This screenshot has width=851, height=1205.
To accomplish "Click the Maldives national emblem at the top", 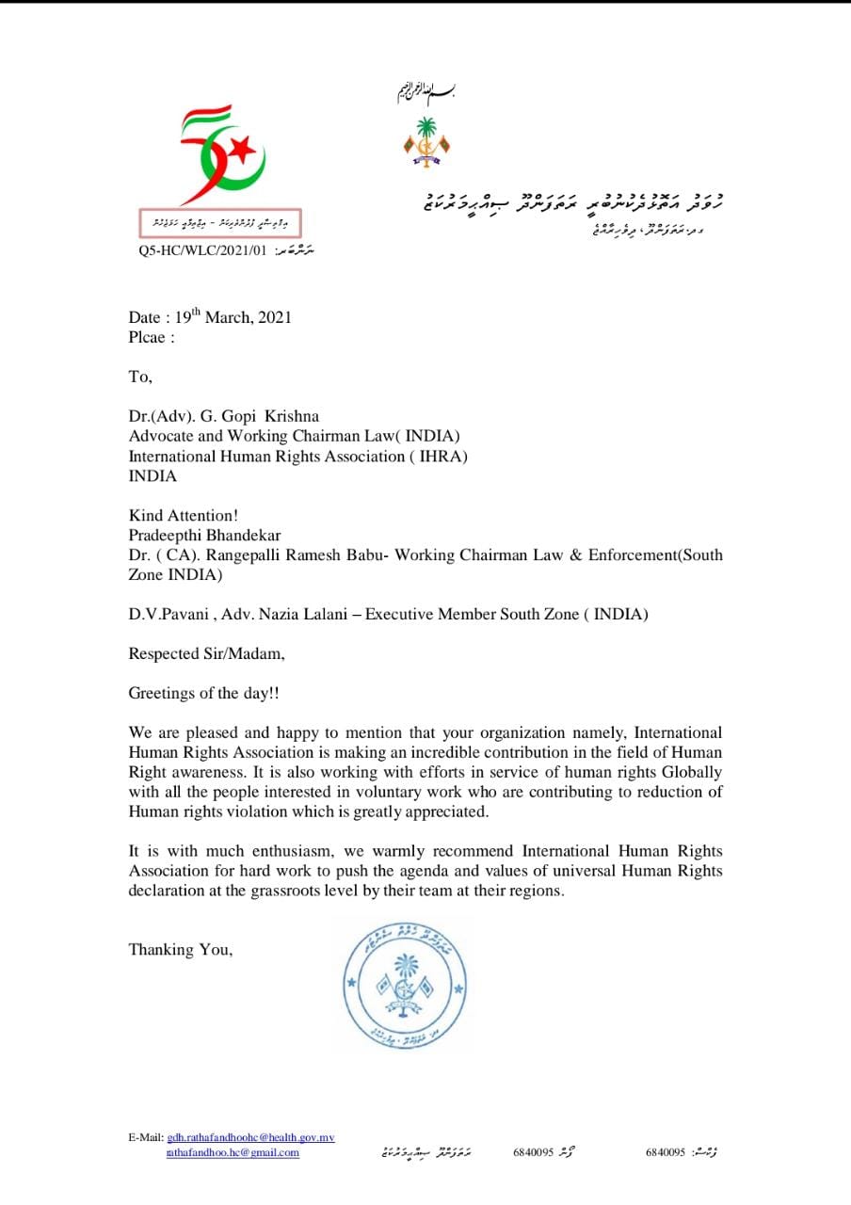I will tap(426, 142).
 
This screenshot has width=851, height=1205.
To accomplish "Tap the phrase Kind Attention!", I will tap(182, 515).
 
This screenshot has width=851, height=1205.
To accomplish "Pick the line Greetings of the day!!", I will tap(203, 693).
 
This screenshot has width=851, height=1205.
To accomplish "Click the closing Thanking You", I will tap(180, 949).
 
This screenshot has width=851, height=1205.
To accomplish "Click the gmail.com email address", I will tap(233, 1152).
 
